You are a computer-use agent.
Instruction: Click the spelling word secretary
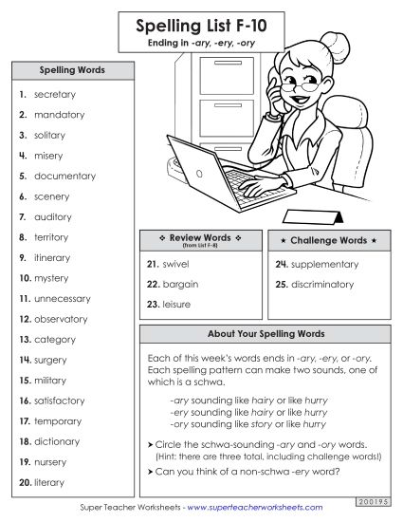tap(54, 95)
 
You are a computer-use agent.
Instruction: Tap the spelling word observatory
tap(60, 319)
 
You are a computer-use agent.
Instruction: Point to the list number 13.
tap(25, 340)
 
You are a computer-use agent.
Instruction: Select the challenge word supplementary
tap(324, 264)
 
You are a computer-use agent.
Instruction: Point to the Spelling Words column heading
tap(71, 70)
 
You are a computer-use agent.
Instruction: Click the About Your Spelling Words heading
tap(266, 334)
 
